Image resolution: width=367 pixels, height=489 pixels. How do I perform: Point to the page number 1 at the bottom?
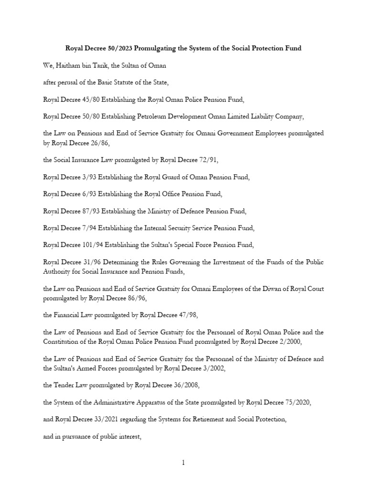(x=183, y=463)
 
